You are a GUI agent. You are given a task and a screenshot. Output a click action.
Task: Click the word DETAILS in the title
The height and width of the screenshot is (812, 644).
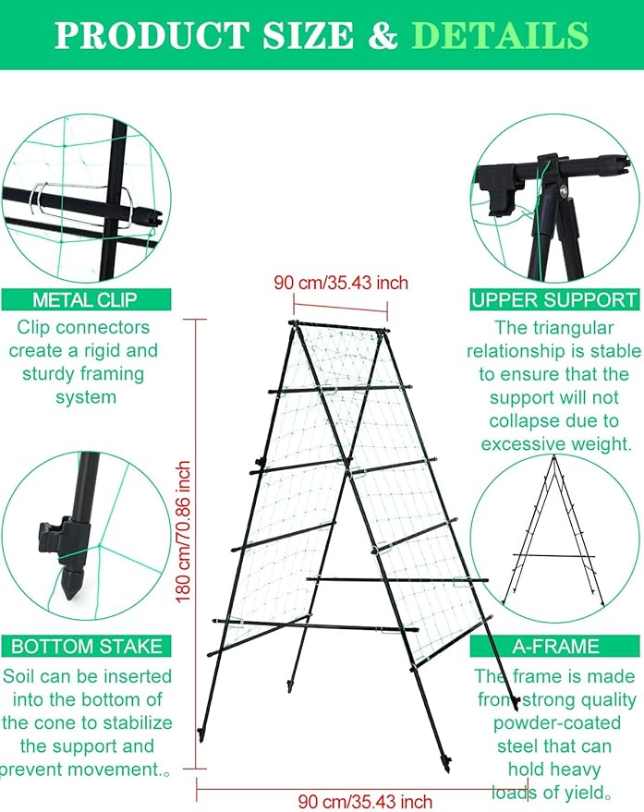pyautogui.click(x=500, y=35)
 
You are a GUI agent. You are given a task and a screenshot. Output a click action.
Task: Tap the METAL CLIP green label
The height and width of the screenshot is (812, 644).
pyautogui.click(x=85, y=299)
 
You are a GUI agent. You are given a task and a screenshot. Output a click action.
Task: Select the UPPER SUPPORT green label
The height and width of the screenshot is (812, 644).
pyautogui.click(x=553, y=299)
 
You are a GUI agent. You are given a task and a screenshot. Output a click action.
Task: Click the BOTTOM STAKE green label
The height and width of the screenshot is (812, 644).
pyautogui.click(x=86, y=647)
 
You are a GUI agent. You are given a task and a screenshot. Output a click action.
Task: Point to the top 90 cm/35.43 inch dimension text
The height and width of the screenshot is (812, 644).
pyautogui.click(x=341, y=283)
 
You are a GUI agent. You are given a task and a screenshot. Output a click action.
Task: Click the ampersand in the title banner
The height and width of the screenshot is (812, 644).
pyautogui.click(x=383, y=35)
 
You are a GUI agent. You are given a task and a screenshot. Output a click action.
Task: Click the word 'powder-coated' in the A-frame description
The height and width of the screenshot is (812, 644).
pyautogui.click(x=554, y=723)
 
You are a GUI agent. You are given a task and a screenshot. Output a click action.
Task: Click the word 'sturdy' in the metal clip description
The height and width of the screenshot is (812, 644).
pyautogui.click(x=51, y=374)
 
